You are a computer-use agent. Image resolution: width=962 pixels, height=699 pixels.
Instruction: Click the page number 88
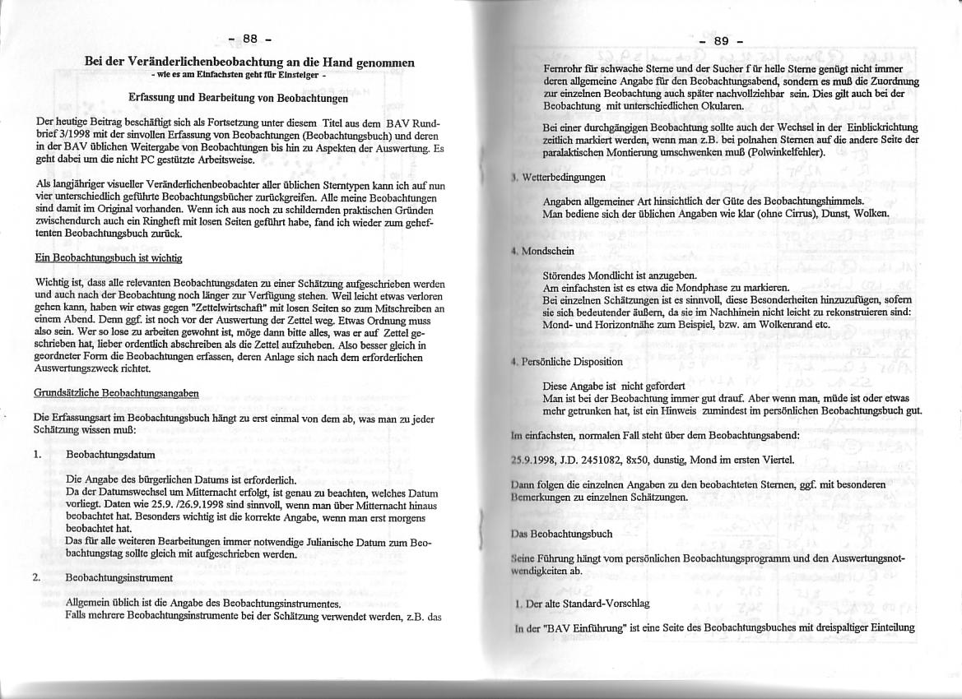tap(249, 39)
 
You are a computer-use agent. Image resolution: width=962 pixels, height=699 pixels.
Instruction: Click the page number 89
tap(721, 41)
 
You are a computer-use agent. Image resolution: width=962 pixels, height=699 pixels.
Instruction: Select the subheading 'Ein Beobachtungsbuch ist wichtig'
tap(108, 257)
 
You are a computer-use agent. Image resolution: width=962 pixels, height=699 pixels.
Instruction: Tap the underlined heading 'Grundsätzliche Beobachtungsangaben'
tap(115, 393)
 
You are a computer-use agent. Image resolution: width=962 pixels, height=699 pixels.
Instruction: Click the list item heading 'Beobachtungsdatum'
tap(110, 454)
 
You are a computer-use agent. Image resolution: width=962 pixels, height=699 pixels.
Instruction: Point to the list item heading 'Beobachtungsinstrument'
tap(119, 577)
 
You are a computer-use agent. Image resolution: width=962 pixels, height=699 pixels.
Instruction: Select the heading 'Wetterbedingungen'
tap(564, 177)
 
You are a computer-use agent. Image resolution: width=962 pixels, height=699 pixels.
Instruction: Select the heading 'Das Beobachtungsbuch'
tap(561, 534)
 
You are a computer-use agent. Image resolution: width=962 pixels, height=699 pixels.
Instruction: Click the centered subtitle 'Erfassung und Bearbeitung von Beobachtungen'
tap(239, 98)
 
